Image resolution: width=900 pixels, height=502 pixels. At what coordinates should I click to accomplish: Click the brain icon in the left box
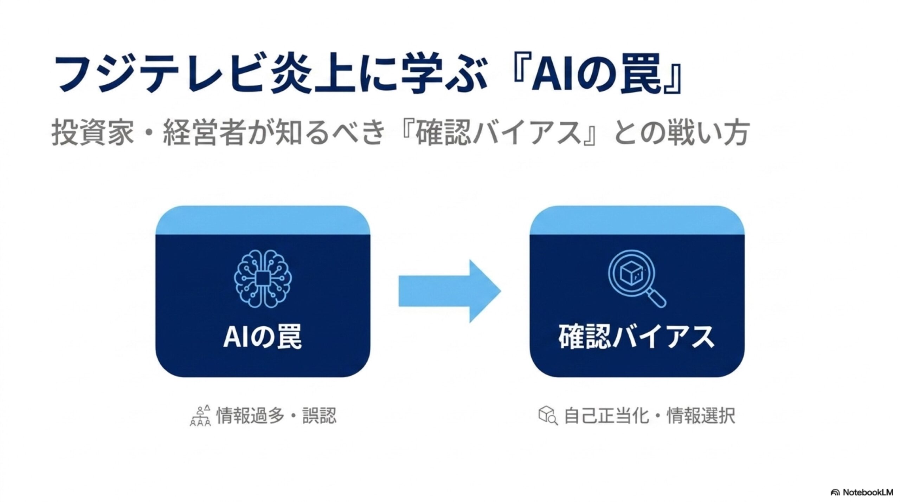pos(263,279)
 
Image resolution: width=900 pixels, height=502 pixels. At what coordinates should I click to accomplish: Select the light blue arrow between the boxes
pos(450,291)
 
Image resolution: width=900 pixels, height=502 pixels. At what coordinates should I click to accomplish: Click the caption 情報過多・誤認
pos(276,416)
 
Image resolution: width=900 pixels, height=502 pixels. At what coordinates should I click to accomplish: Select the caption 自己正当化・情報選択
pos(649,416)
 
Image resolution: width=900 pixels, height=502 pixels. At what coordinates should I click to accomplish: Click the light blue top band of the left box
pos(263,220)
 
